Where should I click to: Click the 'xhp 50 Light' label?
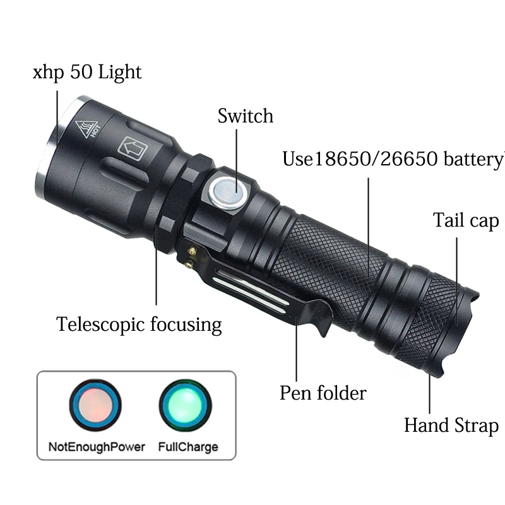tap(87, 72)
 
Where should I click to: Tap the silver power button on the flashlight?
tap(227, 192)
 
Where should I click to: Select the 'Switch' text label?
tap(246, 116)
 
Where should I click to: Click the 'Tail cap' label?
tap(466, 220)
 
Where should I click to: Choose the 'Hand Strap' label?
tap(451, 425)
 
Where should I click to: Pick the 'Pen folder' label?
tap(323, 393)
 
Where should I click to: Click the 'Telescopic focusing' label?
tap(139, 324)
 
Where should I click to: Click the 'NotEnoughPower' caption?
tap(97, 447)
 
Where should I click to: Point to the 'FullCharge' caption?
tap(188, 447)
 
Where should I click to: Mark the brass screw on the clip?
tap(191, 254)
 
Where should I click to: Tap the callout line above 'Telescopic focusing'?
tap(156, 271)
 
